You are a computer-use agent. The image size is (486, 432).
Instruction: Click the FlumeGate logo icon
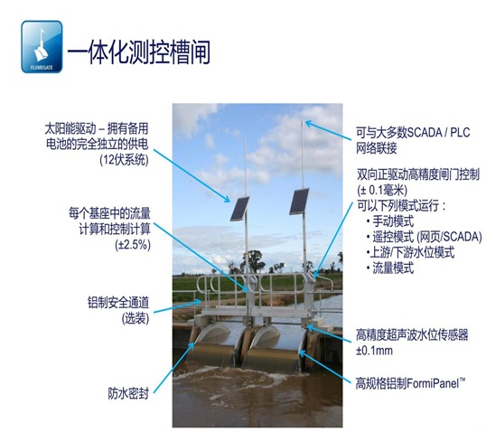(x=42, y=47)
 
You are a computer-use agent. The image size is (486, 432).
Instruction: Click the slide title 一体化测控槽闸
(x=139, y=52)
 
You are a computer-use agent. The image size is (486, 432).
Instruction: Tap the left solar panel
(x=239, y=209)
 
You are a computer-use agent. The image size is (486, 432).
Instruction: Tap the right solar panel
(x=299, y=202)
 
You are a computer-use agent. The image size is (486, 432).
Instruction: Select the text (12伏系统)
(x=124, y=160)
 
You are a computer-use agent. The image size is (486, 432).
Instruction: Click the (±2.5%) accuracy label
(x=133, y=245)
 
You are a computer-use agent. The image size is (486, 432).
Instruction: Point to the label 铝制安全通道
(x=118, y=303)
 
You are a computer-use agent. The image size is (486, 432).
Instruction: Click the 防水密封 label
(x=128, y=393)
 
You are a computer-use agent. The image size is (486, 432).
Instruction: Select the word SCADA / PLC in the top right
(x=438, y=133)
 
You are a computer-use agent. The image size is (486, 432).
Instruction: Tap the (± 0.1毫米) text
(x=382, y=190)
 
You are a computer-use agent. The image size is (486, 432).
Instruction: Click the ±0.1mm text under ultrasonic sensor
(x=374, y=351)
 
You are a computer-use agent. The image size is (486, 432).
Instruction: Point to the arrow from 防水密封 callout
(x=174, y=367)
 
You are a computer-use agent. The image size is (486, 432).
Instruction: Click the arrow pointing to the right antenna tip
(x=329, y=131)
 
